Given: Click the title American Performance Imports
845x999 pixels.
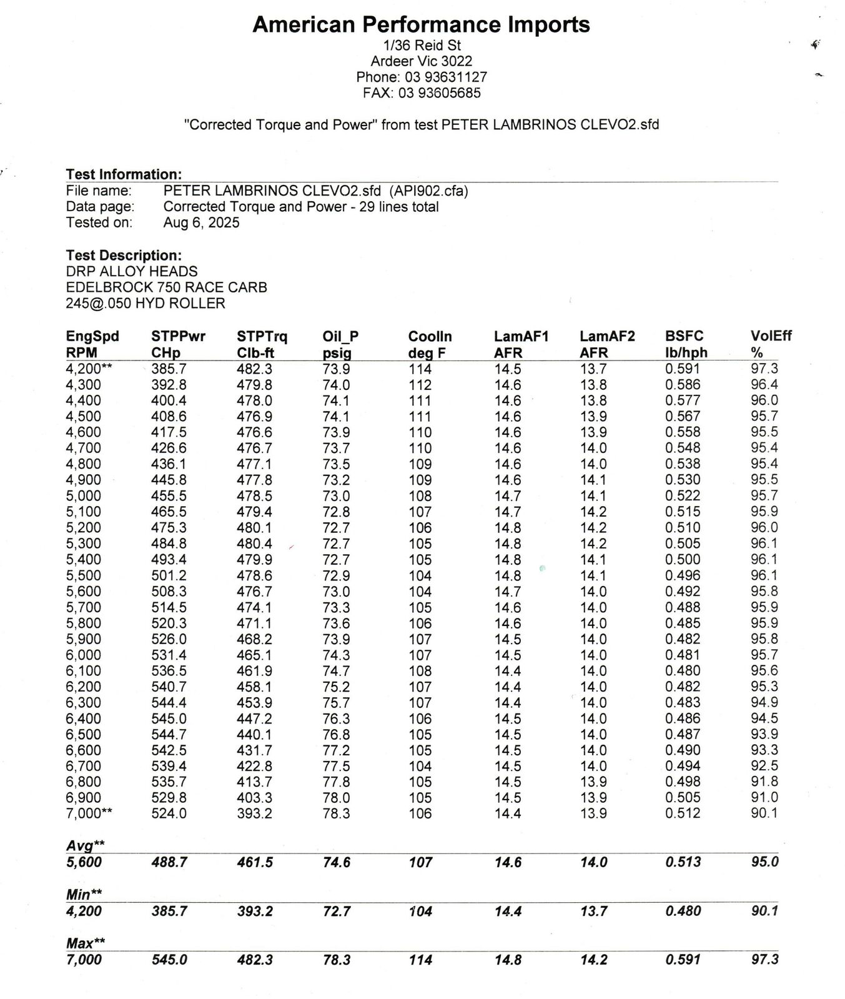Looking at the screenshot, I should click(x=421, y=25).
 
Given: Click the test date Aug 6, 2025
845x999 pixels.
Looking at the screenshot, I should click(x=201, y=223).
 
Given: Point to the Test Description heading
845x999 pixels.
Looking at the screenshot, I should click(x=124, y=256).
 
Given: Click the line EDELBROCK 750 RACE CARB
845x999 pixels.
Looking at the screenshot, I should click(x=166, y=287).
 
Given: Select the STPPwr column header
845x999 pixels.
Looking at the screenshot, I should click(x=178, y=336).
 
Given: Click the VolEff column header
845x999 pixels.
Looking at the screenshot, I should click(x=771, y=336).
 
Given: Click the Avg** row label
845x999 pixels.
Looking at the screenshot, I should click(x=85, y=845).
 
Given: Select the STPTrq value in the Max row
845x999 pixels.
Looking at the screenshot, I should click(x=254, y=960).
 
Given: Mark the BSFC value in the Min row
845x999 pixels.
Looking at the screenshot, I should click(x=683, y=911).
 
